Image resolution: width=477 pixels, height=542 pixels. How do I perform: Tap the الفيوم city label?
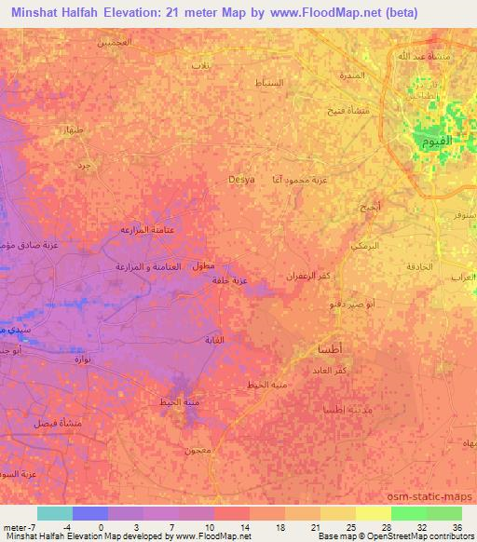(x=434, y=141)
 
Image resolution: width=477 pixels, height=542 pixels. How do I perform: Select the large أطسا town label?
(x=329, y=349)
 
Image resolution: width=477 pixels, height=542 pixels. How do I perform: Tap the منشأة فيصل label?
(x=58, y=423)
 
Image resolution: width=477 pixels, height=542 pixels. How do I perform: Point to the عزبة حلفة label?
(x=227, y=279)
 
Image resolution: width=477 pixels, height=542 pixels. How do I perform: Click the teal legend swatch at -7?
(x=55, y=513)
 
